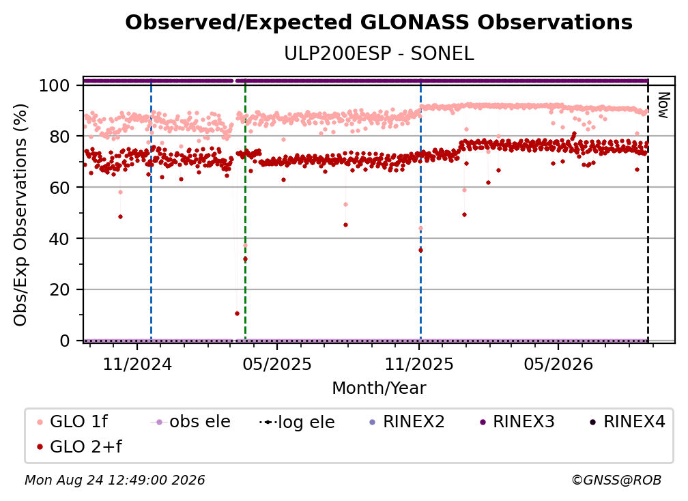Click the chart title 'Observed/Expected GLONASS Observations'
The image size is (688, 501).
pos(379,23)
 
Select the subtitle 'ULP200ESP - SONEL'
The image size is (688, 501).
pos(379,54)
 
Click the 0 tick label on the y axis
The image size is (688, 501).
pos(65,341)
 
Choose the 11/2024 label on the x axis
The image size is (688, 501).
pos(137,364)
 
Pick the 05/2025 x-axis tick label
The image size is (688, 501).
pos(277,364)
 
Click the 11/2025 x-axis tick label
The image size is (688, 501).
pos(419,364)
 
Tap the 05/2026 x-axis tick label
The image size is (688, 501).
pos(558,364)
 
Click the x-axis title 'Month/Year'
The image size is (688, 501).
pos(379,388)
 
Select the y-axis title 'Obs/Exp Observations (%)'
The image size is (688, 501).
pos(20,214)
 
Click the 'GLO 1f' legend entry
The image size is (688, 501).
pos(72,422)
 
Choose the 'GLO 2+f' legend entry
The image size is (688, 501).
pos(79,447)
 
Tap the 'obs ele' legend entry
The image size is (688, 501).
pos(190,422)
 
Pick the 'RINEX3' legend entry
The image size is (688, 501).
pos(517,422)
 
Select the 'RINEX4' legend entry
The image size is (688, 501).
pos(627,422)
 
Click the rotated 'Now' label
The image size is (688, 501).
pos(663,105)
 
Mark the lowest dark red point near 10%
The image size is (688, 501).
pos(237,313)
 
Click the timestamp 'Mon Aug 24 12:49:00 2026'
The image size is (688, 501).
pos(115,481)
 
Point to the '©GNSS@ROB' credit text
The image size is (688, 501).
pos(616,481)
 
